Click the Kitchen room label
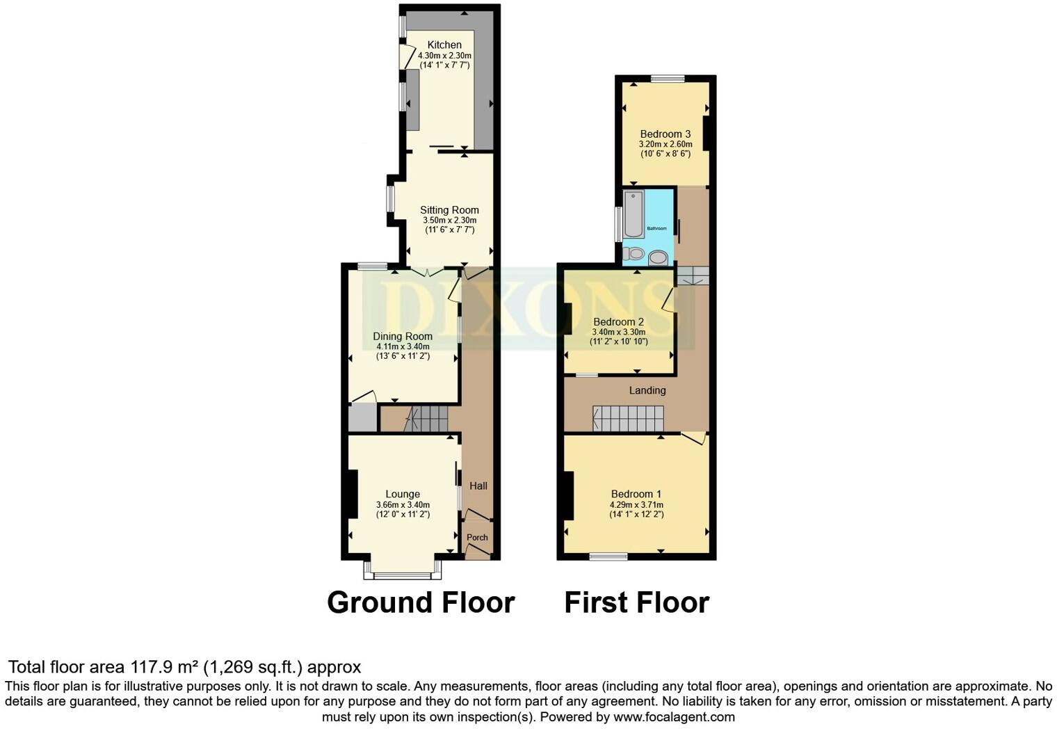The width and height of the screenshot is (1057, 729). pos(444,45)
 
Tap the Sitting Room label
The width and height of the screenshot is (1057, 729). pos(449,210)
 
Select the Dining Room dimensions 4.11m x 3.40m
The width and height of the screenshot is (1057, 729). pos(403,346)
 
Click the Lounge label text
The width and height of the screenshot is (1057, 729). pos(403,494)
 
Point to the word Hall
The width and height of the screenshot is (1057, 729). pos(478,486)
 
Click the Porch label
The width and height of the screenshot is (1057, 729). pos(477,537)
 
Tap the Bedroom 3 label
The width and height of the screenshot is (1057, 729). pos(665,134)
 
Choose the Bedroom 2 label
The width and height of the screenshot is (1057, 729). pos(618,322)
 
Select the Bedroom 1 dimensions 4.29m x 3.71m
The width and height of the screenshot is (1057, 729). pos(636,504)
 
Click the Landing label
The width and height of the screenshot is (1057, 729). pos(647,390)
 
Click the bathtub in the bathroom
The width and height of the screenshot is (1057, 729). pos(634,214)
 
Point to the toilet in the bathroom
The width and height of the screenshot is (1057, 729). pos(634,254)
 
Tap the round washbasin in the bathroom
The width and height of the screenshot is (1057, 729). pos(658,258)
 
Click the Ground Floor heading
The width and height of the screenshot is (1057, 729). pos(421,602)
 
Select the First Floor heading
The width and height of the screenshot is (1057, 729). pos(637,602)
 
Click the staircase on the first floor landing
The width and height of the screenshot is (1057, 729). pos(628,419)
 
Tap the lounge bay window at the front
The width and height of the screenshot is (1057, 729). pos(403,570)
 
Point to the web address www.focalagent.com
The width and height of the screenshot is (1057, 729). pos(674,716)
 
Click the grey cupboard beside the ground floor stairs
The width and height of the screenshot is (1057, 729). pos(363,418)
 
